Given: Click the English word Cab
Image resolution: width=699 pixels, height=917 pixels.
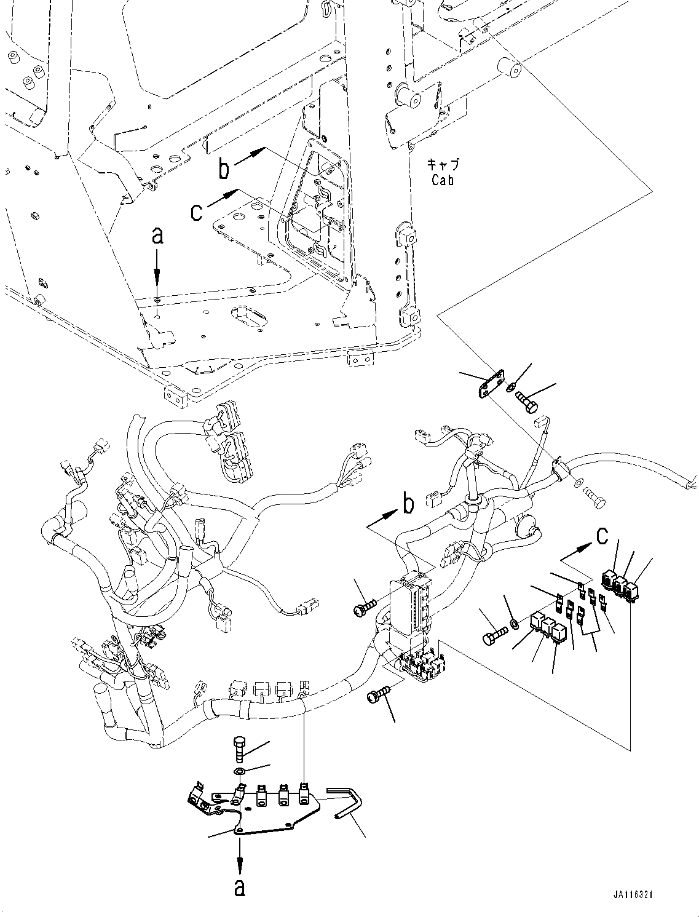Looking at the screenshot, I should click(442, 181).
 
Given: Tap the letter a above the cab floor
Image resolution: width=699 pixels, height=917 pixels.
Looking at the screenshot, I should click(157, 236).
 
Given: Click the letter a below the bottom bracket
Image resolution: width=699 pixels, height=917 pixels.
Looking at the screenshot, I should click(239, 887).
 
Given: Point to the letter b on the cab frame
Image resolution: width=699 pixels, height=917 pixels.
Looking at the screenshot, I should click(226, 169).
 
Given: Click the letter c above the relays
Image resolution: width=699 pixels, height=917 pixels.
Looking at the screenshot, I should click(602, 536).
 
